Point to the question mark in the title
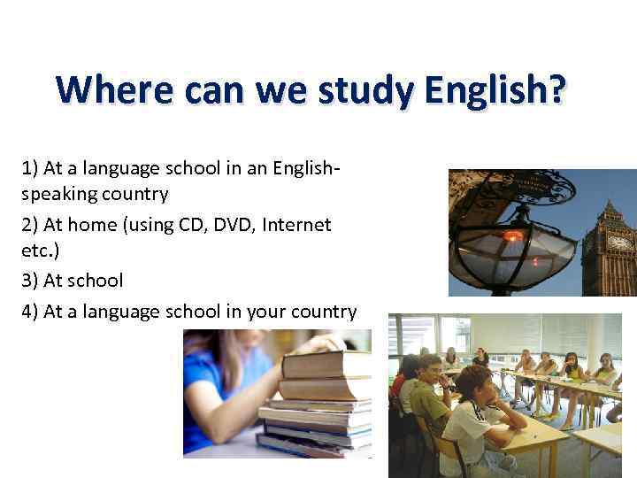click(556, 91)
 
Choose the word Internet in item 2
click(296, 225)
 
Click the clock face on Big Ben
click(619, 242)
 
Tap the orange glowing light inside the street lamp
click(513, 236)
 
